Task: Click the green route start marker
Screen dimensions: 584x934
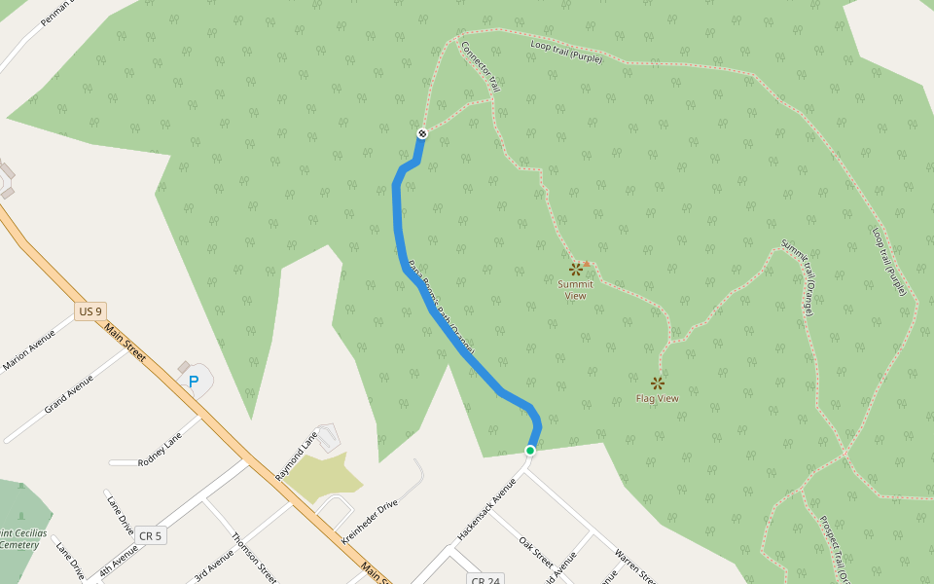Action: click(530, 451)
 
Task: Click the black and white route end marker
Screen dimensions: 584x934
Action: click(422, 133)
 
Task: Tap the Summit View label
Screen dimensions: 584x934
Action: click(575, 290)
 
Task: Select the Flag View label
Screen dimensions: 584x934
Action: click(657, 398)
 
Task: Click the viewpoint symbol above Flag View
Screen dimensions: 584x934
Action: click(658, 383)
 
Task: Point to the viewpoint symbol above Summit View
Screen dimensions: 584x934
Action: click(575, 269)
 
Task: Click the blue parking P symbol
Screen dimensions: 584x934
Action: click(194, 382)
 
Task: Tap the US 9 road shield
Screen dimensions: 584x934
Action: click(90, 311)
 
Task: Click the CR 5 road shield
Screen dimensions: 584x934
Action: click(149, 535)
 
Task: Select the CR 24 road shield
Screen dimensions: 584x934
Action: click(485, 580)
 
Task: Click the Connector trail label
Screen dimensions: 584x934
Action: click(481, 66)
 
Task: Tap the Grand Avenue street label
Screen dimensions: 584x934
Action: click(69, 394)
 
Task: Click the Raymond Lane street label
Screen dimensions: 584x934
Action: click(297, 455)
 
